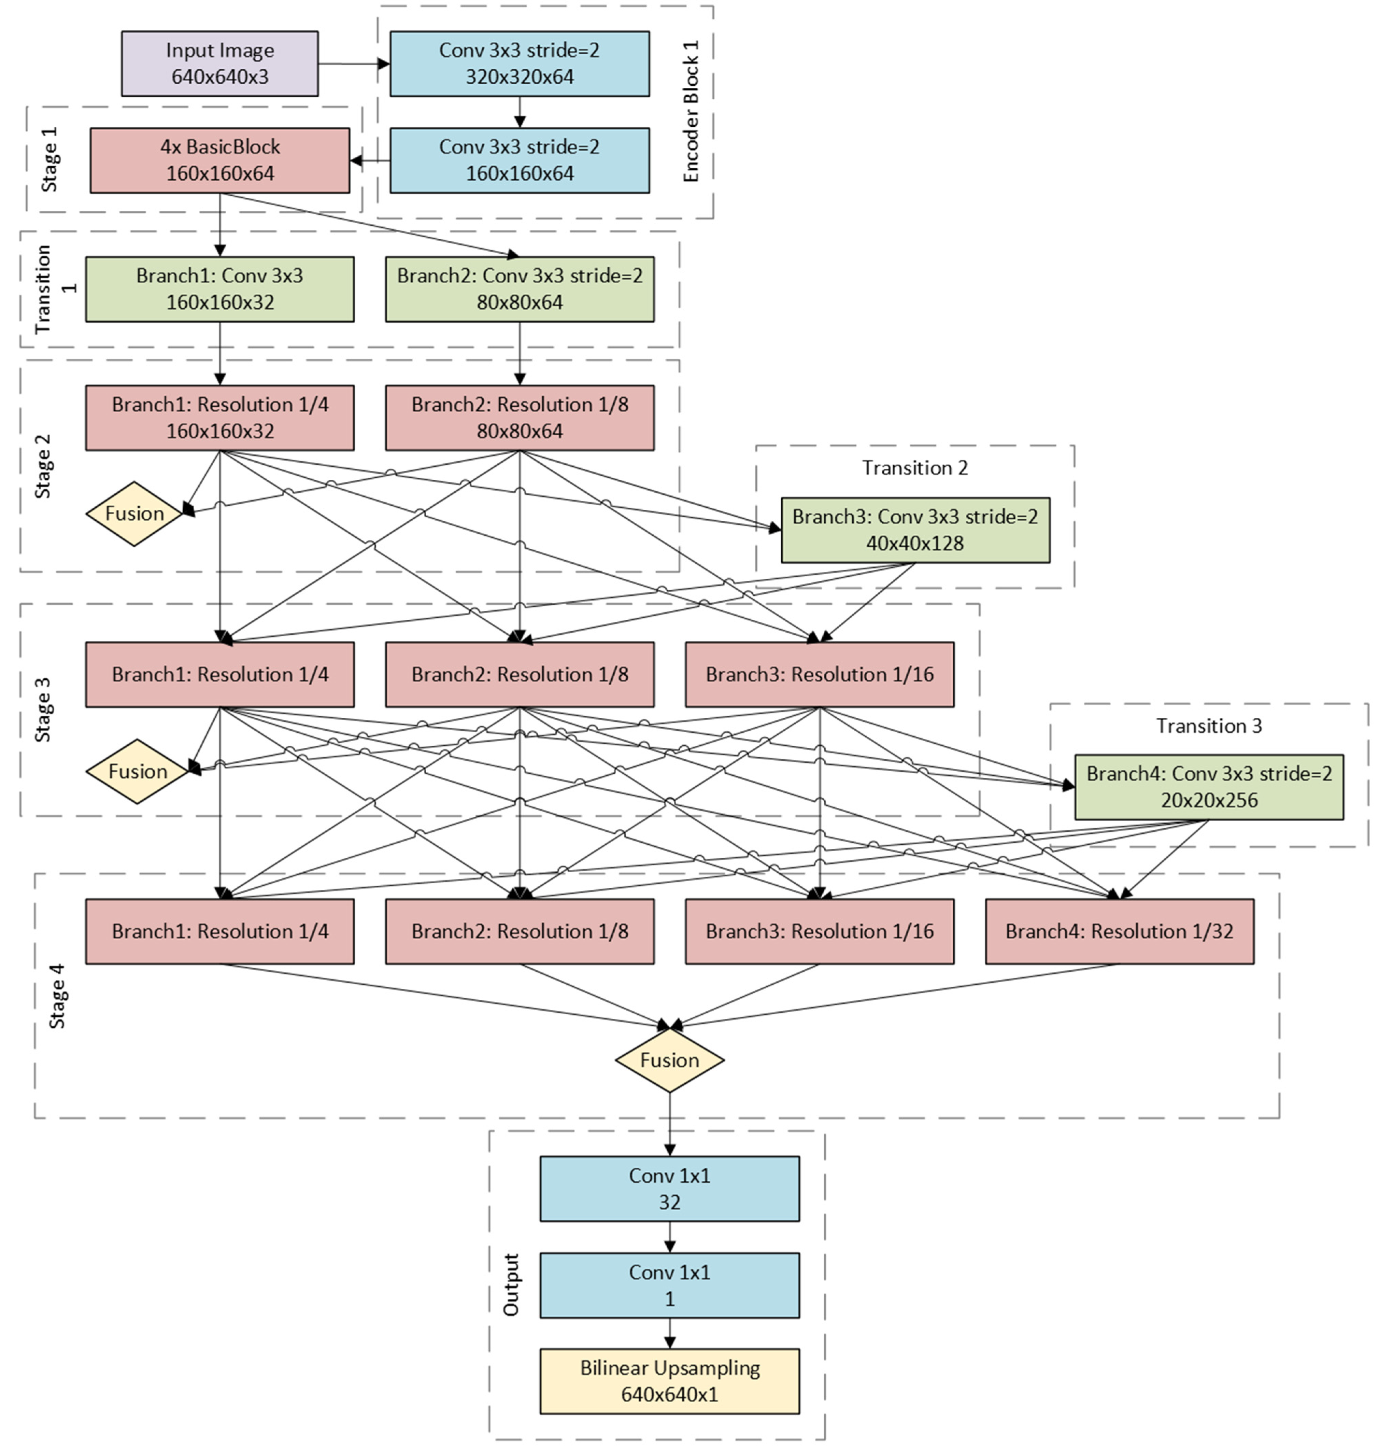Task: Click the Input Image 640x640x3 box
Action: (x=220, y=64)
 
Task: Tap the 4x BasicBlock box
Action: (x=220, y=160)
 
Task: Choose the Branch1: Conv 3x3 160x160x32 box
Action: (x=220, y=289)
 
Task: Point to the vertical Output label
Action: (x=510, y=1285)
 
